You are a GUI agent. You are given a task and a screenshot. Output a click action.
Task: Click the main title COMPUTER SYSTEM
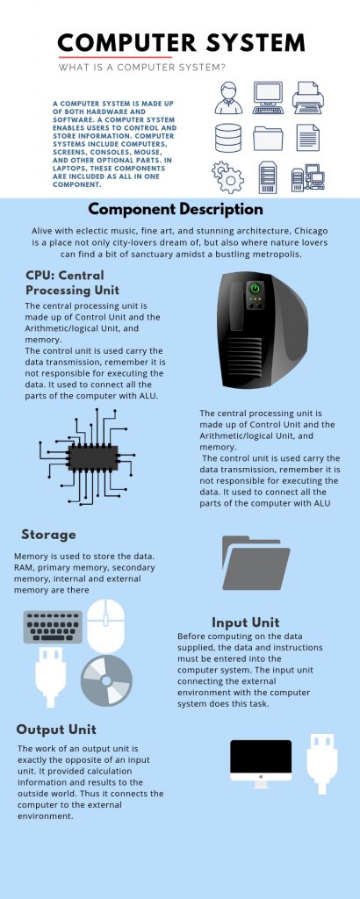click(182, 43)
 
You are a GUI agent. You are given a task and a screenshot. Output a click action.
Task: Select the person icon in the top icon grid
click(228, 98)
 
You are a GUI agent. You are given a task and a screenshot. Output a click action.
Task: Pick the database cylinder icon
click(228, 139)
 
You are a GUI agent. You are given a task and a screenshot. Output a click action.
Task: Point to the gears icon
click(227, 177)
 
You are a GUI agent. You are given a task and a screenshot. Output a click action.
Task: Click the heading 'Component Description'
click(176, 210)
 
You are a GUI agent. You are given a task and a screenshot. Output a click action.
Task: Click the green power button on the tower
click(255, 288)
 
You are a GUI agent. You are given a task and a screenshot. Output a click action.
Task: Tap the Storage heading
click(48, 534)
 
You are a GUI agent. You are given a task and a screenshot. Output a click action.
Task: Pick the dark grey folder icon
click(256, 563)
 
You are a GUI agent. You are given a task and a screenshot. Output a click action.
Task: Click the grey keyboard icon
click(52, 626)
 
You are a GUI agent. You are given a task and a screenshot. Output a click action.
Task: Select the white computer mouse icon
click(105, 625)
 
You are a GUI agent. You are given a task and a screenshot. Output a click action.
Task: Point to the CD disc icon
click(106, 680)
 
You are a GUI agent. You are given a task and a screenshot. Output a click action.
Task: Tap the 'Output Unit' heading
click(56, 730)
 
